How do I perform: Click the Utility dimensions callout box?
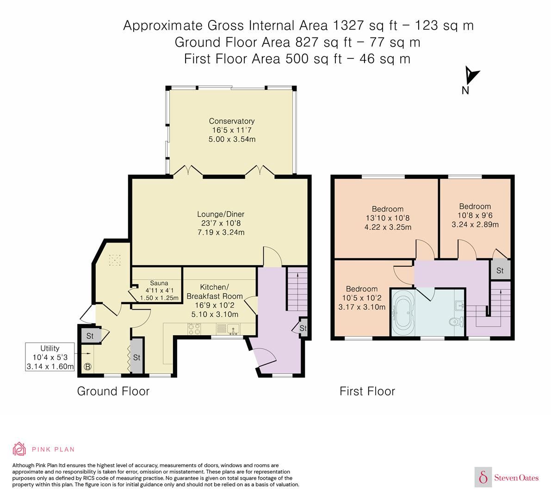point(50,357)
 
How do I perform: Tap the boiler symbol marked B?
point(87,367)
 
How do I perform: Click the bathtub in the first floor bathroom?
point(404,314)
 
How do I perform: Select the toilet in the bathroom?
point(455,321)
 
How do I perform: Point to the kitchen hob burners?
point(194,328)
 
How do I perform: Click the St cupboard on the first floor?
point(500,271)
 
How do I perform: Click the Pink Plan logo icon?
point(19,449)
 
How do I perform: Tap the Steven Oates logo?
point(507,477)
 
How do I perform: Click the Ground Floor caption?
point(113,391)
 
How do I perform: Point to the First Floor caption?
point(367,391)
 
